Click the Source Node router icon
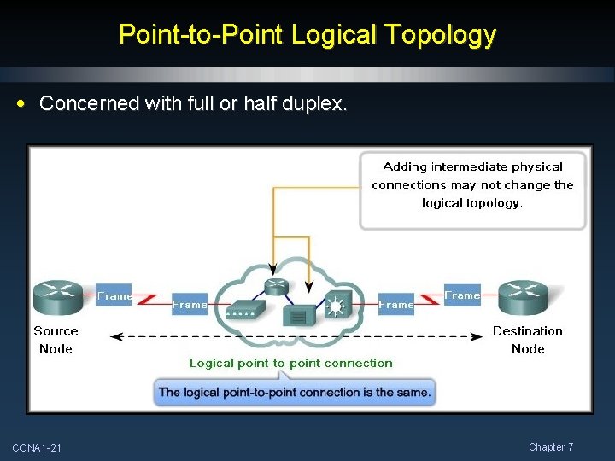(57, 298)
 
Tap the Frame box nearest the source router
(114, 295)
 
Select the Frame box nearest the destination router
(462, 295)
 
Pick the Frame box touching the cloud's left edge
(190, 304)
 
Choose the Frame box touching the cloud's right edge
(396, 304)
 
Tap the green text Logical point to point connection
(290, 363)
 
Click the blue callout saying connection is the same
(295, 393)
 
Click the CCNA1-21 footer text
(37, 448)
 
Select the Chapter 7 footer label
(551, 447)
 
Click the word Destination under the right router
(527, 331)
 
